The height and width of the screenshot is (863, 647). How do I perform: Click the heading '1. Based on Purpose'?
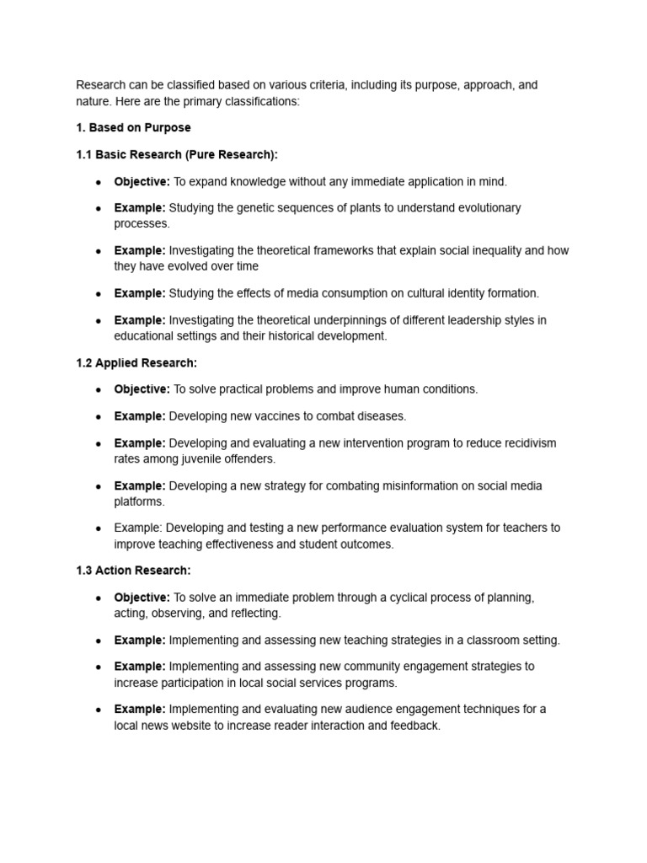tap(133, 128)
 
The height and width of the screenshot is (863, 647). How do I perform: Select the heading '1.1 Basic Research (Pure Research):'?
tap(176, 155)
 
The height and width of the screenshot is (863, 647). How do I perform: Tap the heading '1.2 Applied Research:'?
tap(136, 363)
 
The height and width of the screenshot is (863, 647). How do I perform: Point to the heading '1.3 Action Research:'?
tap(133, 571)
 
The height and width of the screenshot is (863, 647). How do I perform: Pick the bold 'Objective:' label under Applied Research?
tap(142, 389)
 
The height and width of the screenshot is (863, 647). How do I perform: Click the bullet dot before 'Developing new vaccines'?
tap(99, 416)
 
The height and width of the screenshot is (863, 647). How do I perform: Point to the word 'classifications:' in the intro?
tap(258, 101)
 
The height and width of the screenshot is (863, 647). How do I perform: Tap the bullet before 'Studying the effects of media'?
tap(99, 294)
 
